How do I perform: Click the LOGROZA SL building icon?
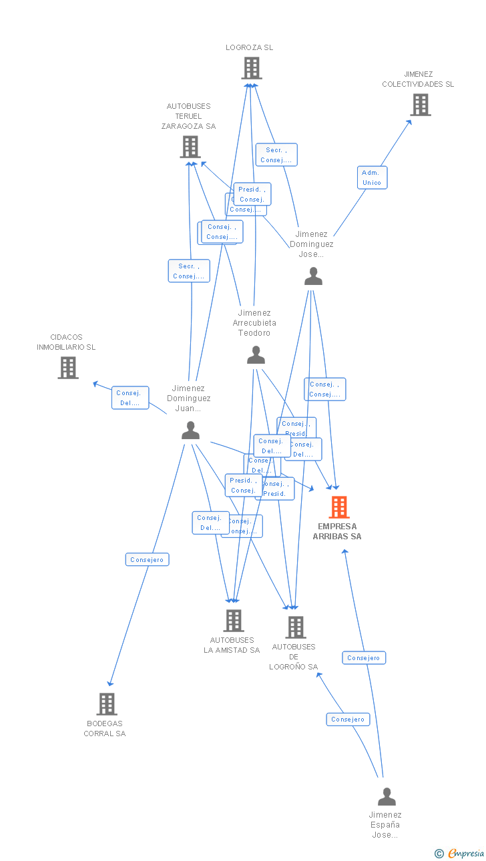tap(252, 68)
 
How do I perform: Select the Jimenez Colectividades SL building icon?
tap(420, 105)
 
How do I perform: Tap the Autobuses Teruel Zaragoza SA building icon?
tap(190, 147)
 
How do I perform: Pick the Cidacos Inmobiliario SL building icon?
tap(67, 368)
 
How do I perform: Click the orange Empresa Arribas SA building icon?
tap(338, 507)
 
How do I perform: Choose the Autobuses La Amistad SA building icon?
tap(233, 621)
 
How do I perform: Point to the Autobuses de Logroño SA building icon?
tap(295, 627)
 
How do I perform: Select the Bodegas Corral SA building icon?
tap(106, 704)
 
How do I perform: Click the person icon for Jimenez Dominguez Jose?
tap(313, 276)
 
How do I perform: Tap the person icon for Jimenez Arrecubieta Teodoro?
tap(256, 355)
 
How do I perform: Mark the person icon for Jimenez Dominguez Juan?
tap(190, 431)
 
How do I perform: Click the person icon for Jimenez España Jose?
tap(387, 797)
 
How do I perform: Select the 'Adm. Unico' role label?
tap(372, 178)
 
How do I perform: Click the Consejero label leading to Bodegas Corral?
tap(147, 559)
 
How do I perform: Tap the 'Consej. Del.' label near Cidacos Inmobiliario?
tap(130, 398)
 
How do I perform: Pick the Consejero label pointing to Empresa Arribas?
tap(364, 657)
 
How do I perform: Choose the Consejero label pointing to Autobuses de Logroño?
tap(348, 719)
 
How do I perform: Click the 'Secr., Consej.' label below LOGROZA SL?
tap(276, 155)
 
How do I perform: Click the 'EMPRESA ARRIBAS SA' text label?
tap(337, 531)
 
